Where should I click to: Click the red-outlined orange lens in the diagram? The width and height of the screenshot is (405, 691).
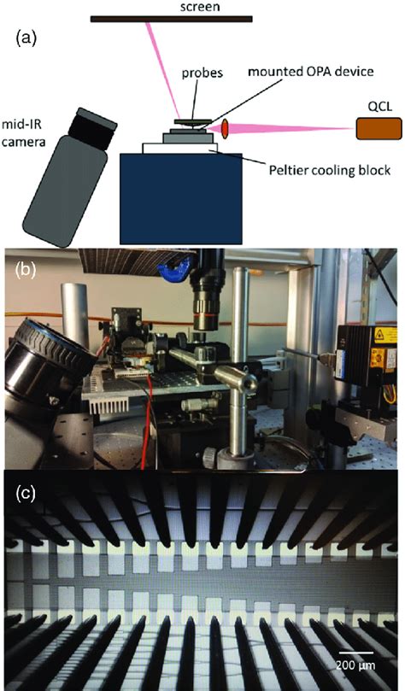225,128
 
